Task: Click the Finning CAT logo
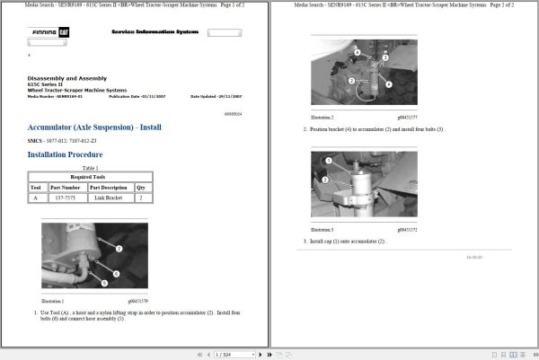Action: tap(43, 32)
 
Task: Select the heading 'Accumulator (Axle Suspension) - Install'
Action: tap(94, 127)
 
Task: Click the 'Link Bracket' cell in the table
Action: tap(106, 197)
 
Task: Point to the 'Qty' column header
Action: tap(140, 187)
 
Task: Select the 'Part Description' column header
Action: tap(106, 187)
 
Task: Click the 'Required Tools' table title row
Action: tap(89, 178)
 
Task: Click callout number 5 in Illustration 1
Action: tap(105, 283)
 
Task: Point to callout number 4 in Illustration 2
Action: tap(389, 83)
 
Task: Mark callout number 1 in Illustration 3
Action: tap(328, 160)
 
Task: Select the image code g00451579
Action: tap(137, 301)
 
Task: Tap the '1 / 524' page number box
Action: tap(225, 354)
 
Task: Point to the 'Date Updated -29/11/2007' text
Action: tap(215, 95)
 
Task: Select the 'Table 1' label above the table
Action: tap(89, 168)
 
